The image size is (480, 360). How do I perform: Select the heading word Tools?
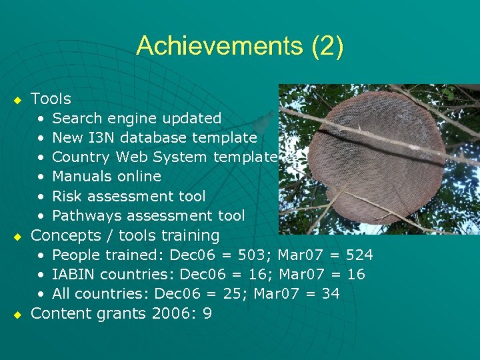click(51, 99)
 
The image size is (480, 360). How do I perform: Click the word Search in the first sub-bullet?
click(73, 119)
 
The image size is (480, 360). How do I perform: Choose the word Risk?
click(67, 196)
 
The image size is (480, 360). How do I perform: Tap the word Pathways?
click(85, 216)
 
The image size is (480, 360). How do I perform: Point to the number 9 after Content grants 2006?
click(207, 313)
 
